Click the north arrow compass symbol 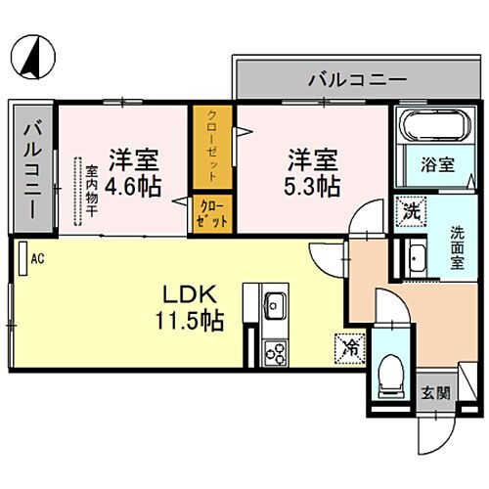tap(33, 57)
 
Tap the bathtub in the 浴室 tap(436, 125)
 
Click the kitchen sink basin tap(276, 305)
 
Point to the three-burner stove tap(276, 353)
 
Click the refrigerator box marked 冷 tap(350, 348)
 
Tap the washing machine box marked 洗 tap(411, 211)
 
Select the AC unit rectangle tap(22, 258)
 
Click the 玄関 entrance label tap(435, 393)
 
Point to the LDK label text tap(190, 294)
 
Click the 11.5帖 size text tap(190, 321)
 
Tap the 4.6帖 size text tap(133, 186)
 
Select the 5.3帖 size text tap(312, 186)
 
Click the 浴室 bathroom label tap(437, 164)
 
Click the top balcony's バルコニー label tap(358, 79)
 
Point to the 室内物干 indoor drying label tap(92, 192)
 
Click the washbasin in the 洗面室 tap(417, 258)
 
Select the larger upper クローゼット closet tap(212, 147)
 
